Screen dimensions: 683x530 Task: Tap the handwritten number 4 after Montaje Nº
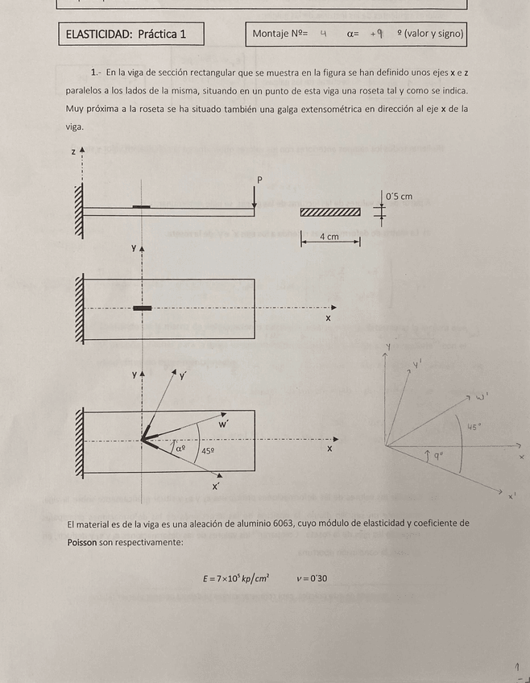click(x=323, y=34)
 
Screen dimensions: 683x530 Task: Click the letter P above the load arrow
click(x=259, y=180)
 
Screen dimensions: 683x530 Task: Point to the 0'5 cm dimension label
click(x=399, y=197)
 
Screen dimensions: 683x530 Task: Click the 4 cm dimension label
click(x=329, y=237)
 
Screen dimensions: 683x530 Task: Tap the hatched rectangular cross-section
click(x=330, y=212)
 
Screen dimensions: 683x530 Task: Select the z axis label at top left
click(x=73, y=151)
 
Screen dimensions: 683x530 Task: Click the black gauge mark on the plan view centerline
click(x=142, y=308)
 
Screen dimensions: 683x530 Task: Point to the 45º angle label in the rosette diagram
click(x=208, y=452)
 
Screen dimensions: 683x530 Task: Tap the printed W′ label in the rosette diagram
click(x=224, y=424)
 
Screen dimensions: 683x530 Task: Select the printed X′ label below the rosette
click(x=216, y=486)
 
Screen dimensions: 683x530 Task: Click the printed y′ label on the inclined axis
click(x=183, y=376)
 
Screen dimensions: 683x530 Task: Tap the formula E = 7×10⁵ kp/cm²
click(x=236, y=577)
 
